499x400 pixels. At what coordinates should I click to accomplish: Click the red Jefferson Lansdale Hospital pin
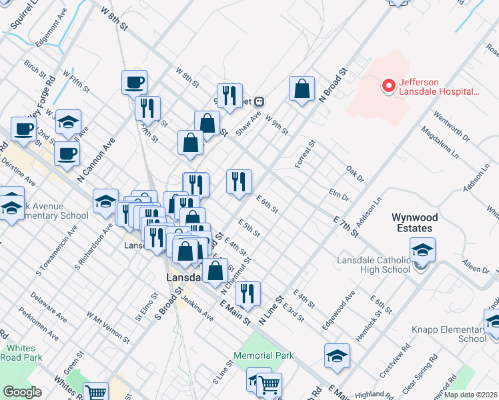click(x=388, y=86)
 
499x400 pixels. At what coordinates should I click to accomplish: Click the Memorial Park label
click(x=265, y=355)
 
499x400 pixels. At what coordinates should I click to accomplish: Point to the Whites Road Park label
click(x=25, y=353)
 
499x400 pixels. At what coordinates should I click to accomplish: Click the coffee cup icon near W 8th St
click(x=134, y=83)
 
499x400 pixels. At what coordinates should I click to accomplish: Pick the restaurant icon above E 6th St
click(x=239, y=181)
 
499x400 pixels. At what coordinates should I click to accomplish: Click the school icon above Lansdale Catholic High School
click(x=422, y=249)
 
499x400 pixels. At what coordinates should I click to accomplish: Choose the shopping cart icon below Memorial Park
click(x=269, y=384)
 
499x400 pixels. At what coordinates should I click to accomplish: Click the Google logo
click(x=22, y=392)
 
